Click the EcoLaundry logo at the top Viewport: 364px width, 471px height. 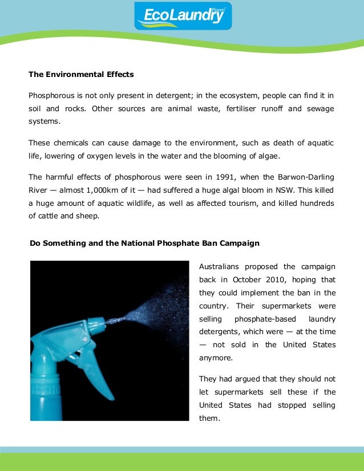click(183, 15)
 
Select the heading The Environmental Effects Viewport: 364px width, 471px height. click(81, 74)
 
